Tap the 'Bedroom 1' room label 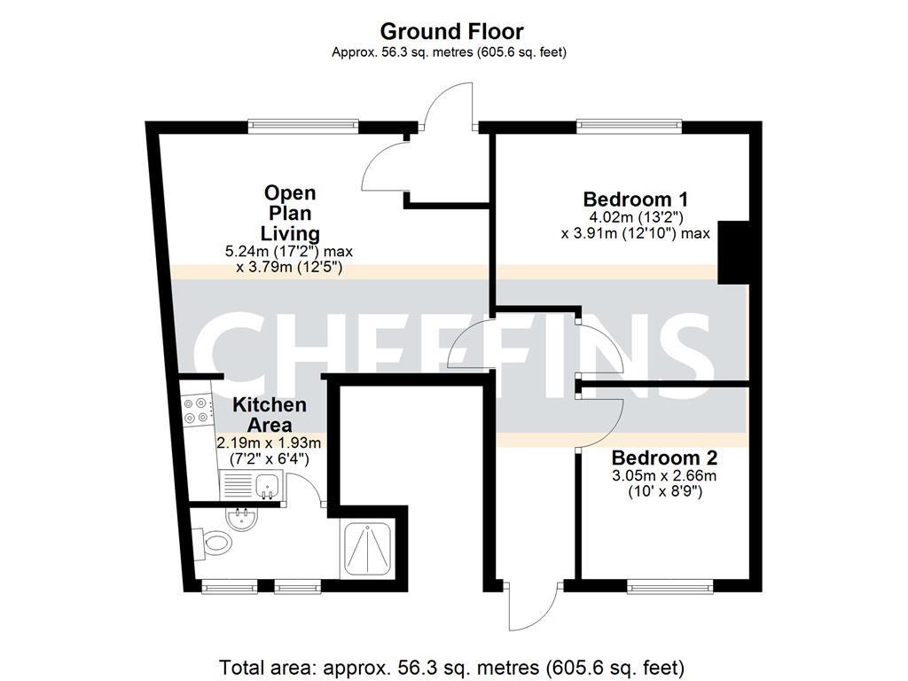[x=635, y=199]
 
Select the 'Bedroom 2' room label [x=664, y=458]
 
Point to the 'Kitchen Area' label [x=270, y=414]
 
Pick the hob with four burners [x=197, y=408]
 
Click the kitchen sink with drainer [x=250, y=485]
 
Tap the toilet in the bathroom [x=211, y=540]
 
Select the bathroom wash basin [x=240, y=518]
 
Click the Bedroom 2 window [x=670, y=585]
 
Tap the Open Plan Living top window [x=303, y=126]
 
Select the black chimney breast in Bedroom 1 [x=734, y=251]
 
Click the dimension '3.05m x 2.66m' [x=664, y=476]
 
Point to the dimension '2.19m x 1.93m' [x=269, y=442]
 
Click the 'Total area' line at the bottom [x=452, y=666]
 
